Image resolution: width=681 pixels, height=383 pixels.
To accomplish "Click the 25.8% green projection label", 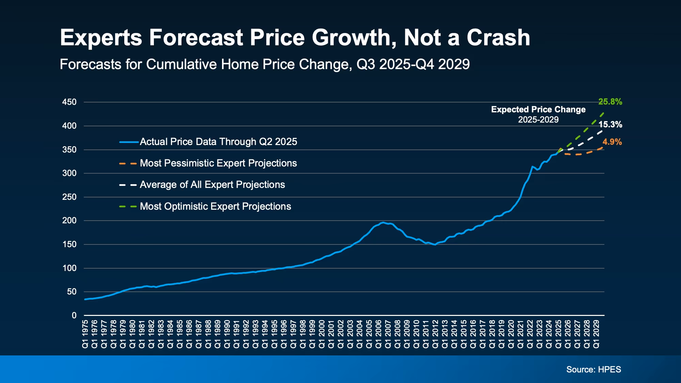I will (x=610, y=102).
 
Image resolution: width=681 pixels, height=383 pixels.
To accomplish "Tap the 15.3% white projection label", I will (x=610, y=125).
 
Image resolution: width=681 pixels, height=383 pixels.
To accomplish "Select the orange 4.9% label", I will (x=612, y=142).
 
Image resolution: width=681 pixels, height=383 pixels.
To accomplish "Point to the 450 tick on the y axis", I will (x=69, y=102).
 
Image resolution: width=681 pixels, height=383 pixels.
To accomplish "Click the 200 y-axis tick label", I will (x=69, y=221).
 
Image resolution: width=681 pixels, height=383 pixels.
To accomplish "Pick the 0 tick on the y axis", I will (x=74, y=316).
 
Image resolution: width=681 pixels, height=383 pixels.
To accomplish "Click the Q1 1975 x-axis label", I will (x=85, y=334).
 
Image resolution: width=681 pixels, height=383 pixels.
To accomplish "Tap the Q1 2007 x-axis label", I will (x=388, y=334).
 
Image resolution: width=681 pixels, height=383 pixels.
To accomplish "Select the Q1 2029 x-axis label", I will (x=596, y=334).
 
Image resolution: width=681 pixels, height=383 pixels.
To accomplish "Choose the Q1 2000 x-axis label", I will (x=322, y=334).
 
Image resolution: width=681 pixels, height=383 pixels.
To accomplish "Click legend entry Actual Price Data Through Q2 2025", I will (x=218, y=142).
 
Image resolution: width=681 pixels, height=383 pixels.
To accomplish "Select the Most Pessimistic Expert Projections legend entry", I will (x=218, y=163).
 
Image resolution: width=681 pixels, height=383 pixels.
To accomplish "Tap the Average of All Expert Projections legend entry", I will (x=212, y=185).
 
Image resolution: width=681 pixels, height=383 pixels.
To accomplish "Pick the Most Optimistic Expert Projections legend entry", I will (x=215, y=206).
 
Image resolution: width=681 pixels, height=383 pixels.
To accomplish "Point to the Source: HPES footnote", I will (x=593, y=369).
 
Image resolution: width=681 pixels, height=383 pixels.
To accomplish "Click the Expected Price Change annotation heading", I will (x=538, y=110).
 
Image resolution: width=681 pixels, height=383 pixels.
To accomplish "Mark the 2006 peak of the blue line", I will (x=383, y=223).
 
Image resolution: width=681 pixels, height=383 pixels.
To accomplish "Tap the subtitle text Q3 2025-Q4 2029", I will (x=413, y=64).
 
